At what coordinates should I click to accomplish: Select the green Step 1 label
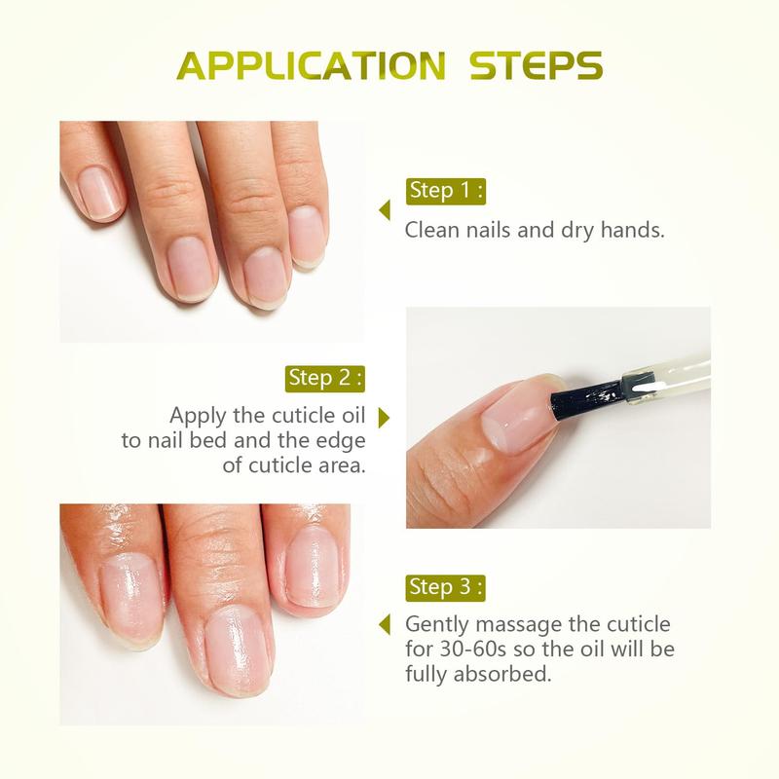445,190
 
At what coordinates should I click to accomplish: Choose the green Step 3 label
445,587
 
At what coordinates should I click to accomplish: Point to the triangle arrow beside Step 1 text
385,210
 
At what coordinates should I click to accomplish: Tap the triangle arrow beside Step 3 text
385,623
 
